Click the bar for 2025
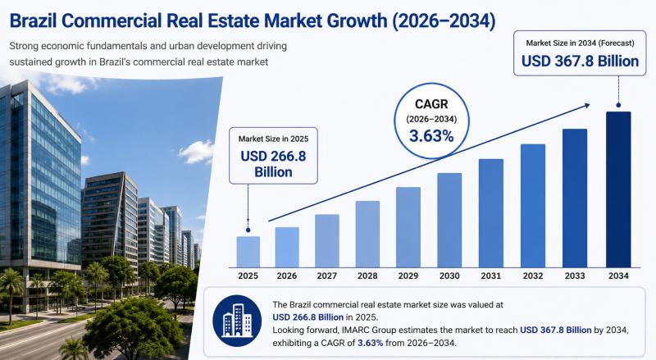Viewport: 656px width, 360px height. (x=248, y=252)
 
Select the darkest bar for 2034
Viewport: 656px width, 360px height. (x=618, y=189)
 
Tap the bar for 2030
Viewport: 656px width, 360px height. (x=449, y=221)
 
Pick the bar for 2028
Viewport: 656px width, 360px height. (x=367, y=234)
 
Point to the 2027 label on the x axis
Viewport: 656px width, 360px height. (x=326, y=276)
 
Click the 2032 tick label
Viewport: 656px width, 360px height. (x=533, y=276)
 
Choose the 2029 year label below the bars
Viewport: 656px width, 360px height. (x=408, y=276)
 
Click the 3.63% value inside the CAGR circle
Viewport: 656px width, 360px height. (x=431, y=136)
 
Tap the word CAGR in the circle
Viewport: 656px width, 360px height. (x=431, y=104)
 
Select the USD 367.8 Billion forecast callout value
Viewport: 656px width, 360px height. (x=580, y=62)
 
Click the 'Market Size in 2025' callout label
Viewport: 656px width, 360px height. (x=273, y=139)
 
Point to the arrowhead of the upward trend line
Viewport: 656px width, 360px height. (x=586, y=106)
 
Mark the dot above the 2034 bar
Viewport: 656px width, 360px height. (x=618, y=105)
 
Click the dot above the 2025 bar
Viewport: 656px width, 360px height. (x=248, y=230)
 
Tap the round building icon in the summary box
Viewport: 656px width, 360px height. (x=237, y=321)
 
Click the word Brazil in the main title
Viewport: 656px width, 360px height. (x=34, y=21)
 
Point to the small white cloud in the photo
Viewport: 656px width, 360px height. (x=197, y=152)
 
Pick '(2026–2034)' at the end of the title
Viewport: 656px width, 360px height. (x=444, y=21)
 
